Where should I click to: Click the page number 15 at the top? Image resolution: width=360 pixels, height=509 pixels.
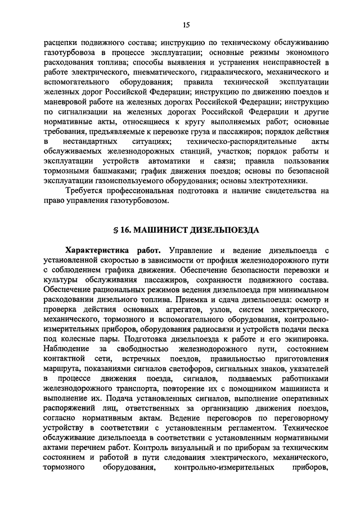pyautogui.click(x=187, y=24)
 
